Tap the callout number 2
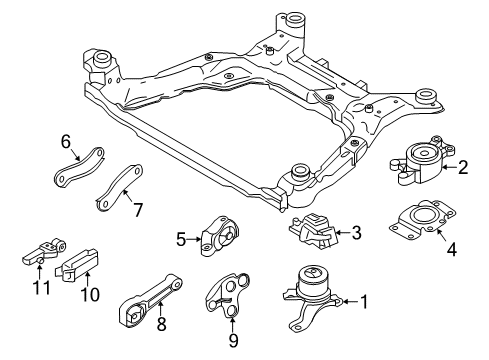click(x=463, y=169)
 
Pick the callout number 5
click(x=182, y=238)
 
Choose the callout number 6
click(x=65, y=144)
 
